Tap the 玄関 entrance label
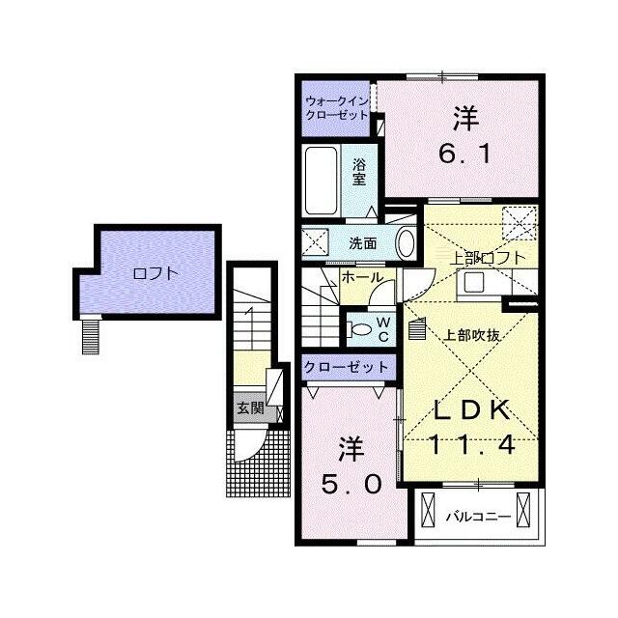(x=250, y=407)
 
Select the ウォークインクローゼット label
(x=337, y=108)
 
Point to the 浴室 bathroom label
(x=359, y=172)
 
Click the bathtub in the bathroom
(x=322, y=181)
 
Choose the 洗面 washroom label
(x=363, y=243)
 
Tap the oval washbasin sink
(x=406, y=243)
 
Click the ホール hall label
(x=362, y=277)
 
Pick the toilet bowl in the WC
(x=359, y=329)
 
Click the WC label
(x=383, y=330)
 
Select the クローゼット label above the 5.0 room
(x=347, y=367)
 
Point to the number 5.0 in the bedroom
(x=351, y=484)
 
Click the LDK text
(x=472, y=409)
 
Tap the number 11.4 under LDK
(x=472, y=444)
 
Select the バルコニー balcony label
(x=479, y=517)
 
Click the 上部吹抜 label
(x=472, y=335)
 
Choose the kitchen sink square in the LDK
(x=474, y=282)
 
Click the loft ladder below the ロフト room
(x=91, y=337)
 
